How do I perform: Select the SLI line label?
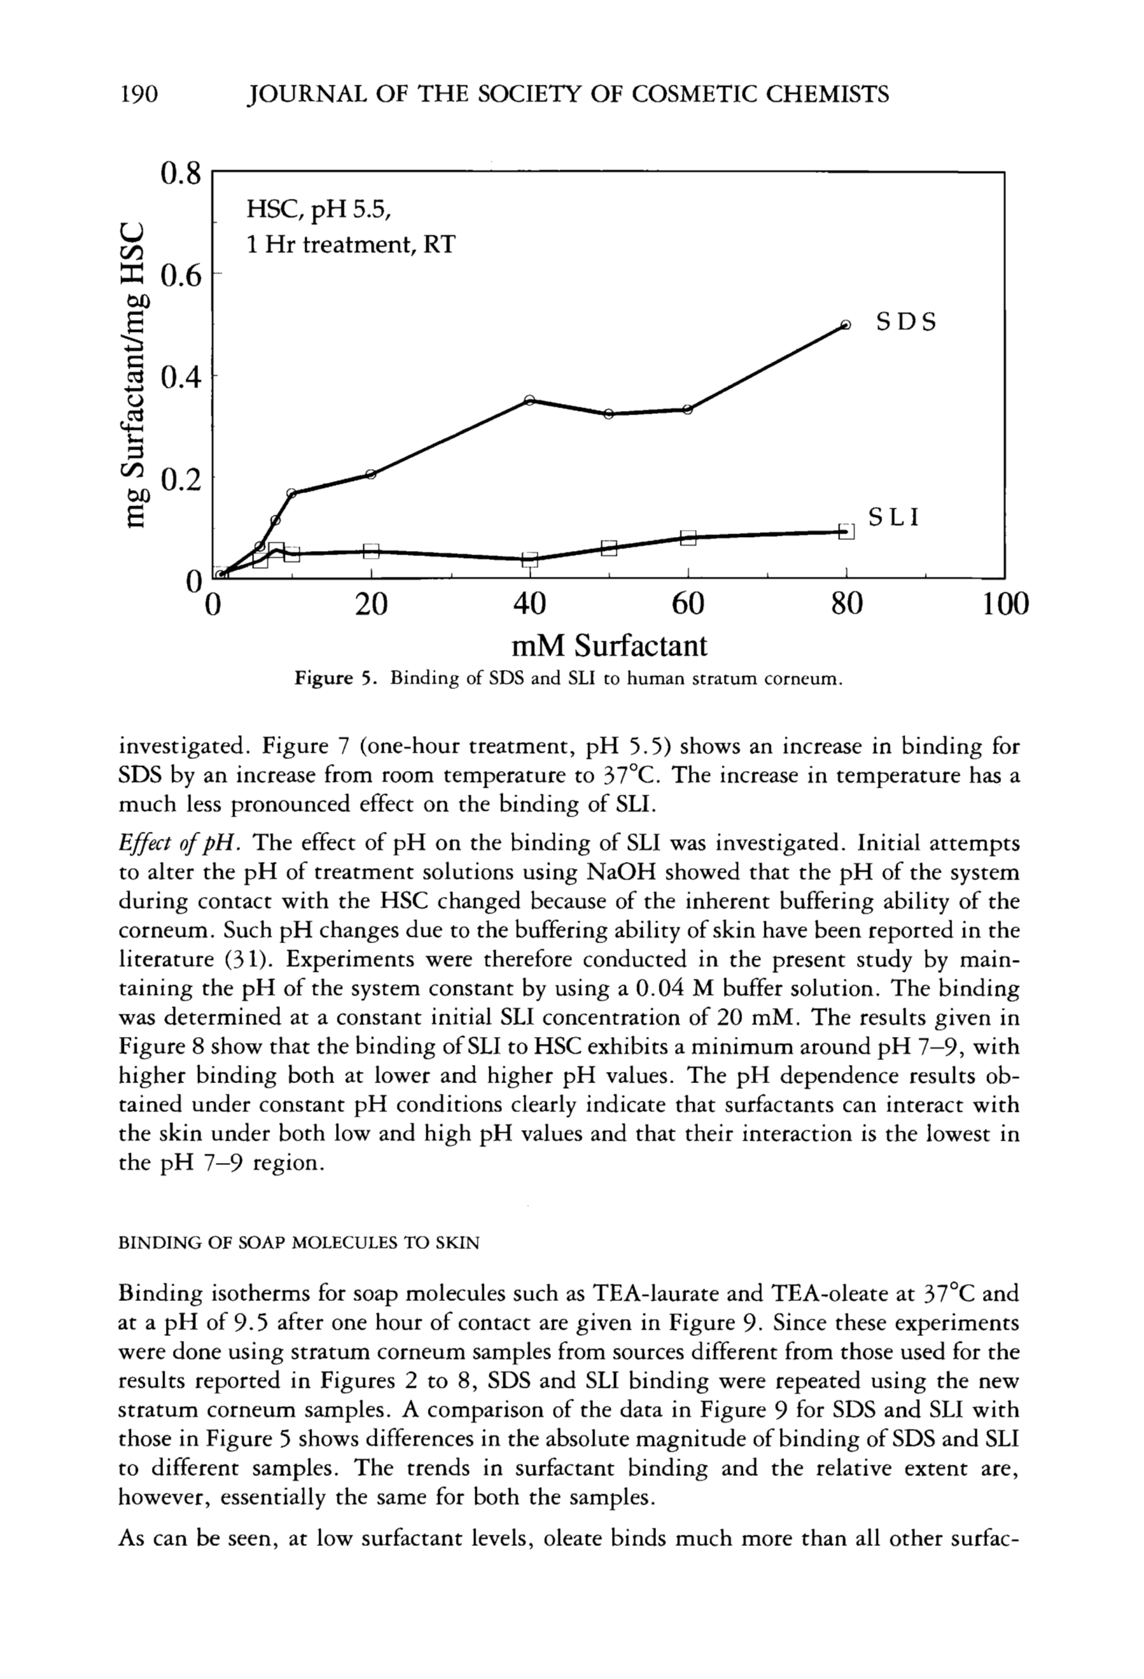894,517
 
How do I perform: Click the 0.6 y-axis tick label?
180,276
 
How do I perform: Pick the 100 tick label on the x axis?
1005,604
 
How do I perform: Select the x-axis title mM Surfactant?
609,645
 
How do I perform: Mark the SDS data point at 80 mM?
846,325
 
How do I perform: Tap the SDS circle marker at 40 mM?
529,400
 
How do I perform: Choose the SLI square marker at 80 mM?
846,531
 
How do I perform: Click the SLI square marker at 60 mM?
688,538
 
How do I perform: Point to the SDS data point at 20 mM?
370,474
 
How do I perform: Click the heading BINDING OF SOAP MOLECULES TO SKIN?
298,1243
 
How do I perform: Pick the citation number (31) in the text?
235,959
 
